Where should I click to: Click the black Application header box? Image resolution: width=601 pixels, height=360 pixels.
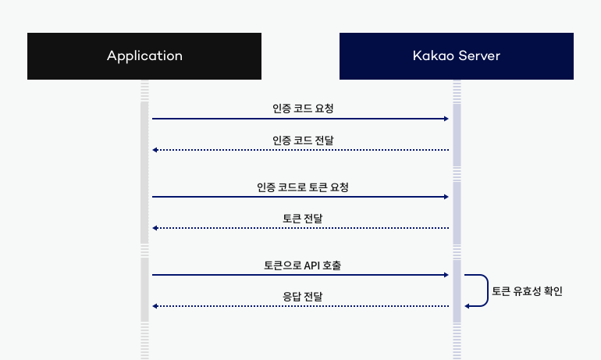click(144, 56)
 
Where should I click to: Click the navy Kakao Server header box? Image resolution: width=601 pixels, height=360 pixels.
click(457, 56)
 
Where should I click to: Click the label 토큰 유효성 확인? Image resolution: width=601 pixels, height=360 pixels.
click(527, 291)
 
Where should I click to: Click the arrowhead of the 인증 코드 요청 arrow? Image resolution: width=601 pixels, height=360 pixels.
click(446, 119)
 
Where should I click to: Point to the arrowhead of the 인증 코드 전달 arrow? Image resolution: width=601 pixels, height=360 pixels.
click(155, 150)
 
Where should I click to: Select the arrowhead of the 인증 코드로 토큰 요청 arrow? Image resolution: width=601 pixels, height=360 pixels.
click(446, 197)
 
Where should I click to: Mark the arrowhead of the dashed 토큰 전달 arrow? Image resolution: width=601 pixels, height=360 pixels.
click(155, 228)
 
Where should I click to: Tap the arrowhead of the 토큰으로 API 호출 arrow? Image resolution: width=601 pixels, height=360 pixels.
click(446, 275)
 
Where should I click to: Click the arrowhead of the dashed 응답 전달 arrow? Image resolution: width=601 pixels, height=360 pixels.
click(155, 306)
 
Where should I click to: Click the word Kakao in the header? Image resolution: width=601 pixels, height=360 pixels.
click(429, 56)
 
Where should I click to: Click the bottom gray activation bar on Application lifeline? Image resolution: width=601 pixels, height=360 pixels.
click(144, 289)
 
